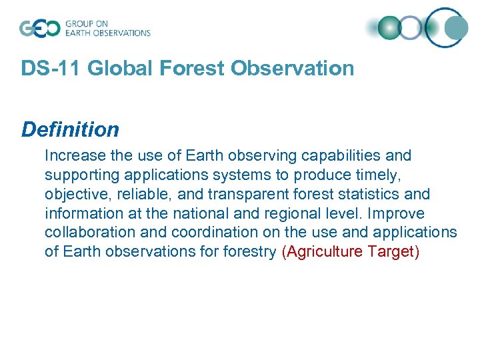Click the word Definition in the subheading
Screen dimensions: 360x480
click(x=70, y=129)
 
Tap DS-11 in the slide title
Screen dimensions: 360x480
click(x=52, y=68)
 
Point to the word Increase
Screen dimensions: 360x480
click(x=73, y=156)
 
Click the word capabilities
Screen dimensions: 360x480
click(x=341, y=156)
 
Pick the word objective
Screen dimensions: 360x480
click(x=73, y=195)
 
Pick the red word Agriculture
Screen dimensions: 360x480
click(x=325, y=253)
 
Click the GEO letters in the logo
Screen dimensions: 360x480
click(x=39, y=28)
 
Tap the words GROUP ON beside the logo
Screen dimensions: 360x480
click(x=87, y=23)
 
